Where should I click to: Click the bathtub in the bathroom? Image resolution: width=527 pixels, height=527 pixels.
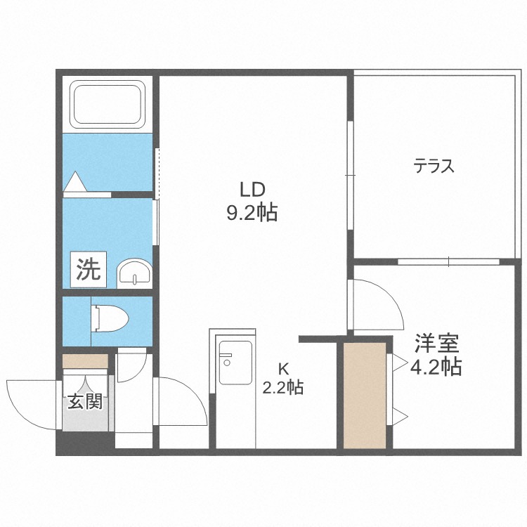108,104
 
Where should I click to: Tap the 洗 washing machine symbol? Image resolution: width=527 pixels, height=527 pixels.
89,269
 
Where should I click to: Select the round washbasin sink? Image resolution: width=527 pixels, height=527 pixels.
134,273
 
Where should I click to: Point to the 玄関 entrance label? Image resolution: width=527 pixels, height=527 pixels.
85,402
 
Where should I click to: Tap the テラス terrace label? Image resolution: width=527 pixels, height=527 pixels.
434,167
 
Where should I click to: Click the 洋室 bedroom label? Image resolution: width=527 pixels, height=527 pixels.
436,344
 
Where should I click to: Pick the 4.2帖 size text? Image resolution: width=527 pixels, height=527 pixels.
436,367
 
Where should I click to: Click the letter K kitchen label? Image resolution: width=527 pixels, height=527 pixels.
283,367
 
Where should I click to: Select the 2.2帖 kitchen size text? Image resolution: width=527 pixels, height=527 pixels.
283,387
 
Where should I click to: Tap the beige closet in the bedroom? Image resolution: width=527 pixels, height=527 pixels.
365,396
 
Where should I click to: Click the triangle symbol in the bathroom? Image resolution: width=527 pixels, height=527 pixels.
74,183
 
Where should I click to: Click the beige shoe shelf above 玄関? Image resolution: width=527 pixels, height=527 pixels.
85,361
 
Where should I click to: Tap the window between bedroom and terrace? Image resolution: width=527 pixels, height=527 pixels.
448,261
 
